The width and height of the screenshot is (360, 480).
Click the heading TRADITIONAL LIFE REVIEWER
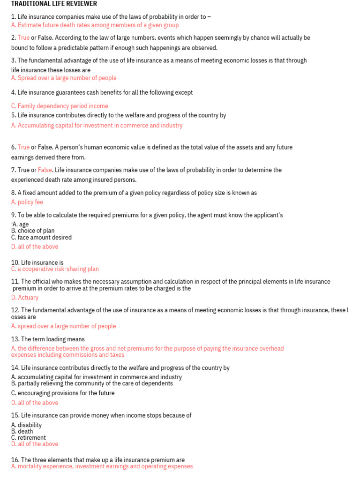54,4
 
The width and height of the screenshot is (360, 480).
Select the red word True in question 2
23,37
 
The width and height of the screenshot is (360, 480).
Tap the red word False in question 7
45,170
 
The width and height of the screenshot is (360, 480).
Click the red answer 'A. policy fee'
27,202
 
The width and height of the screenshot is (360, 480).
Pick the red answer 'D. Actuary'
25,297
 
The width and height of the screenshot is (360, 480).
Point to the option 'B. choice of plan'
33,231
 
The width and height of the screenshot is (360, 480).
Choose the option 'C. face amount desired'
41,237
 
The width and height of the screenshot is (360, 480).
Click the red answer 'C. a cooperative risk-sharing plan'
55,269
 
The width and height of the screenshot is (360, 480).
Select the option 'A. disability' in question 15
26,425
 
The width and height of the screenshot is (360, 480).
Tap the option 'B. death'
22,431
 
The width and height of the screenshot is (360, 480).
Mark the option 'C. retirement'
29,438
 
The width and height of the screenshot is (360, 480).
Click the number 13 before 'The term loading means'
15,339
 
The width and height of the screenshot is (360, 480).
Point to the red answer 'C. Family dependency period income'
60,106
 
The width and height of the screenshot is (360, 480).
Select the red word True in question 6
23,147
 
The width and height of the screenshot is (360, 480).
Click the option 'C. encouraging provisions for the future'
63,393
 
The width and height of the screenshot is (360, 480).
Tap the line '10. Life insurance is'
37,262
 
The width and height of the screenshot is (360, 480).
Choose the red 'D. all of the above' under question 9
35,246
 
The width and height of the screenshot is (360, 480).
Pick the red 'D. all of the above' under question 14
35,403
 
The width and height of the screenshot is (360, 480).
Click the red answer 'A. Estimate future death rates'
95,25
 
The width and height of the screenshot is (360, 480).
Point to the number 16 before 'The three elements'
15,460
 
